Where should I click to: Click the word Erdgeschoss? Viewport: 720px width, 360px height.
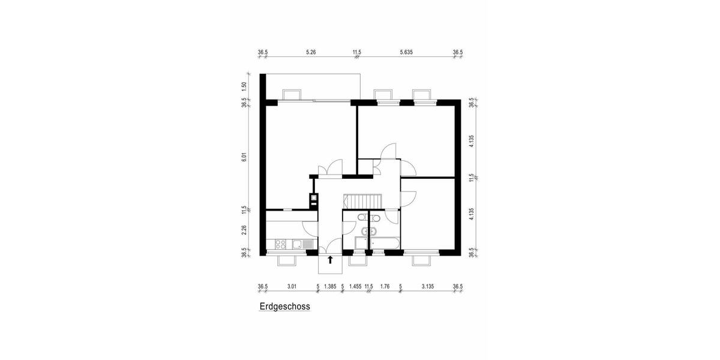(x=284, y=307)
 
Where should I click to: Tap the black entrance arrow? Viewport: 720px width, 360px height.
(x=330, y=259)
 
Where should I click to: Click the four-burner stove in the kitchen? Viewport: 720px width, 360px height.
(x=280, y=244)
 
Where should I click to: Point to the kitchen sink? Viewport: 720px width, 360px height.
(x=296, y=244)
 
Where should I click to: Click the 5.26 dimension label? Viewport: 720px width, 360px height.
(x=311, y=52)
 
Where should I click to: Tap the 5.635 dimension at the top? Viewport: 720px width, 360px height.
(x=406, y=52)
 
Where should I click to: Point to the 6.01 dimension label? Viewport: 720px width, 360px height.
(x=244, y=157)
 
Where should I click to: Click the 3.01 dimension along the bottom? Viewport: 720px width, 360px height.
(x=292, y=287)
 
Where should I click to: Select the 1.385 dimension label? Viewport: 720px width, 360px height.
(x=330, y=287)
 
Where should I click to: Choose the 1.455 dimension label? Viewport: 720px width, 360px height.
(x=355, y=287)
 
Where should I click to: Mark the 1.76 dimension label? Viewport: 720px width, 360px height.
(x=385, y=287)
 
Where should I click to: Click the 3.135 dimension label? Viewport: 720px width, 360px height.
(x=427, y=287)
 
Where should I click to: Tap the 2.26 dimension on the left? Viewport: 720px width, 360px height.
(x=244, y=230)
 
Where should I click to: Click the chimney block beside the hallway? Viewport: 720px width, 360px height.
(x=313, y=200)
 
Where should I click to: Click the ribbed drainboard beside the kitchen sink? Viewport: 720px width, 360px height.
(x=308, y=244)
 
